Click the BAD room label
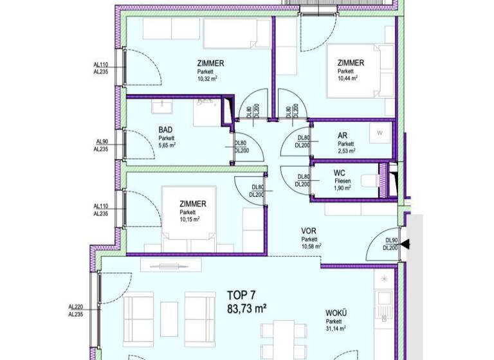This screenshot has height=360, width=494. [x=165, y=129]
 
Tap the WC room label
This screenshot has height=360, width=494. [x=340, y=174]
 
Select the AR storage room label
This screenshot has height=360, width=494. [x=342, y=136]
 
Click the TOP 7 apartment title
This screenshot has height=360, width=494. [x=242, y=295]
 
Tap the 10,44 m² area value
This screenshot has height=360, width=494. [x=347, y=78]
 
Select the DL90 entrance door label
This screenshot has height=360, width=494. [x=392, y=240]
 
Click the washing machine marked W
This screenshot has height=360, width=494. [x=380, y=132]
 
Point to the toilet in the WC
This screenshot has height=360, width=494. [x=369, y=181]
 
